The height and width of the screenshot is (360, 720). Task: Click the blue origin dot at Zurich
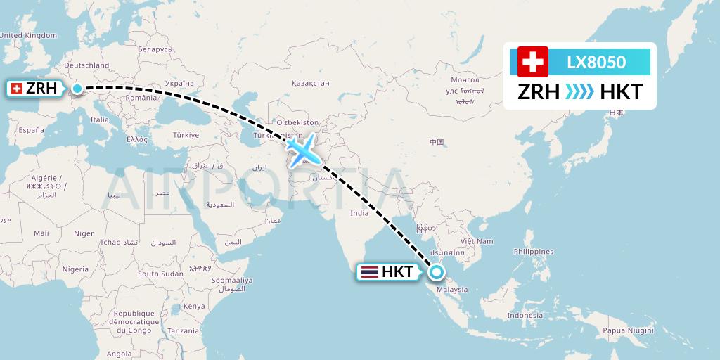(x=77, y=89)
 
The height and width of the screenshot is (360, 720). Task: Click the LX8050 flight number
(x=596, y=63)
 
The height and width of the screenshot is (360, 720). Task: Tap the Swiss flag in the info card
(x=533, y=62)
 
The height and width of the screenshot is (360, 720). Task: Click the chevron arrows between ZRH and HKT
(x=580, y=92)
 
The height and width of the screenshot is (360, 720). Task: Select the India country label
(x=359, y=213)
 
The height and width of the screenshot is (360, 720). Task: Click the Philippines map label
(x=534, y=251)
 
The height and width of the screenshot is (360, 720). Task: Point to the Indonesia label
(x=525, y=315)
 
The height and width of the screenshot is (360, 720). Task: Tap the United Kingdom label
(x=28, y=35)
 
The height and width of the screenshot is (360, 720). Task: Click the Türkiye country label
(x=186, y=135)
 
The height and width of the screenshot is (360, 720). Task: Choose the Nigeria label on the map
(x=75, y=269)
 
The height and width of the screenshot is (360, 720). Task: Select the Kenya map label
(x=195, y=306)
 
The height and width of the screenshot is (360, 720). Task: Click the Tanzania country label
(x=184, y=330)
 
